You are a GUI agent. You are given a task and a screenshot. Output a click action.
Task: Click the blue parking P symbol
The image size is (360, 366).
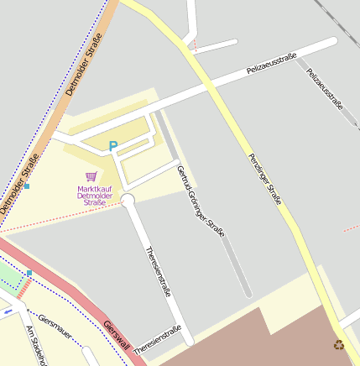[x=113, y=146]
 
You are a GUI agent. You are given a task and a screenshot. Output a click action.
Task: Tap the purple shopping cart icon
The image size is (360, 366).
[x=91, y=176]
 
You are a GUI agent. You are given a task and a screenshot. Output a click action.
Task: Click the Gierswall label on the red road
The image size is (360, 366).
[x=117, y=335]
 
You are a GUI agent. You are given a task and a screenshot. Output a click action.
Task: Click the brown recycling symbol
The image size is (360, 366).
[x=339, y=344]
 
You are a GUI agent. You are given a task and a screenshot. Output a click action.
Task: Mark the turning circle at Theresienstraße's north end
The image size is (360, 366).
[x=128, y=200]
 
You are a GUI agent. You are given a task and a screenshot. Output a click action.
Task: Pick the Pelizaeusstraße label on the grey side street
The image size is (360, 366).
[x=326, y=89]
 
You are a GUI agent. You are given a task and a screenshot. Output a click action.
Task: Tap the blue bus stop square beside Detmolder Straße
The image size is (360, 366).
[x=27, y=186]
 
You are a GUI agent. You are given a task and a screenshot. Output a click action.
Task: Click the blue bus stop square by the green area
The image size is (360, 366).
[x=29, y=273]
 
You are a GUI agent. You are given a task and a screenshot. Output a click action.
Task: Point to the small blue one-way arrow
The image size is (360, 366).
[x=8, y=311]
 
